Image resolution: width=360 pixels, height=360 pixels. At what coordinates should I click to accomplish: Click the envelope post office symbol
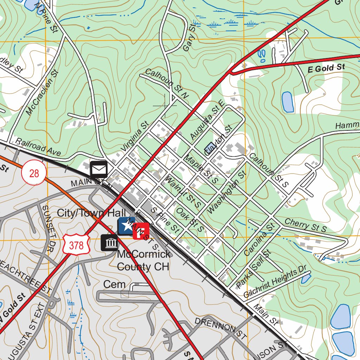click(x=99, y=169)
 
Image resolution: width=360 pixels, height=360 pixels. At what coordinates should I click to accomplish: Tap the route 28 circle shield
click(x=34, y=173)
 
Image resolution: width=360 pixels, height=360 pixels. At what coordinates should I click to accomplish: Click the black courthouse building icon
click(x=109, y=243)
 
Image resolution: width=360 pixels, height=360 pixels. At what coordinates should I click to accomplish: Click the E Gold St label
click(x=326, y=68)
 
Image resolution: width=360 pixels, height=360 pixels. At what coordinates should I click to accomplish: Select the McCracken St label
click(x=42, y=92)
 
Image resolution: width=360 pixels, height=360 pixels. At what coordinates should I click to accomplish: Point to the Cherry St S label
click(x=306, y=225)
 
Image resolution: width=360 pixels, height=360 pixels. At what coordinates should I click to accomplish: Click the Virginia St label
click(x=135, y=137)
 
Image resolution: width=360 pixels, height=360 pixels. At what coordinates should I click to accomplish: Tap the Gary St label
click(x=189, y=38)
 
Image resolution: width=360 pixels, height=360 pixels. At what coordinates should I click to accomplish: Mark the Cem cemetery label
click(x=114, y=284)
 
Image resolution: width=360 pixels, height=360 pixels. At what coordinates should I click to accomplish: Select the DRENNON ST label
click(x=220, y=328)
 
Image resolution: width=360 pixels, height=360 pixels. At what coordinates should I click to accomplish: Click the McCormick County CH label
click(x=143, y=260)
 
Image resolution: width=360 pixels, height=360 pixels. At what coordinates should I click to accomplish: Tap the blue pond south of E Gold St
click(x=288, y=102)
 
